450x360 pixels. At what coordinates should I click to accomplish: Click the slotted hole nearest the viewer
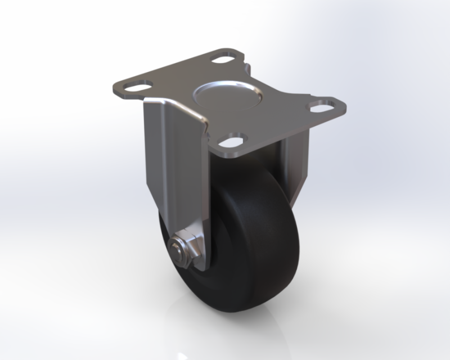(235, 139)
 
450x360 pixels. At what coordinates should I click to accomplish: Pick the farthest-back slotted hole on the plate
(224, 58)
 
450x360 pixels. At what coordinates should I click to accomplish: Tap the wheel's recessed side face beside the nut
(169, 270)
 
